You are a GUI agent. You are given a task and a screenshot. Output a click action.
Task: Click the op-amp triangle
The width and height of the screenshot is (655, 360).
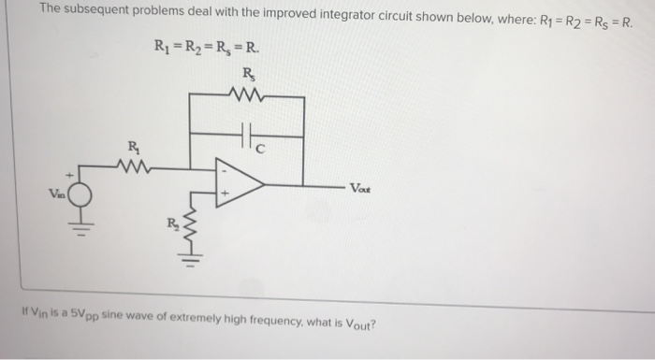pyautogui.click(x=236, y=180)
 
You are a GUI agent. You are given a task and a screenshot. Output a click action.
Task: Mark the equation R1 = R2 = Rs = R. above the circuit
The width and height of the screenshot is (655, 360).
pyautogui.click(x=208, y=48)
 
